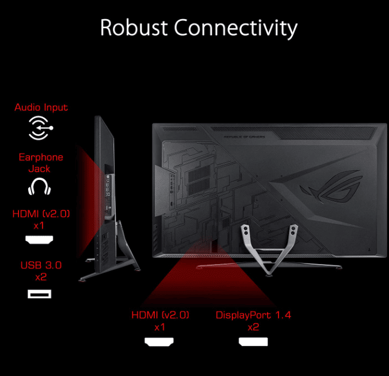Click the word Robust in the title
tap(134, 28)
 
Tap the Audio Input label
tap(41, 107)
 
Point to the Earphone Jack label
tap(41, 163)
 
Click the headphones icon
tap(39, 186)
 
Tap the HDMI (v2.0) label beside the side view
tap(41, 215)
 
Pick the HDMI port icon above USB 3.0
tap(39, 239)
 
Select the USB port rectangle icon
tap(39, 294)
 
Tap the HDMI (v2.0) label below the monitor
tap(161, 315)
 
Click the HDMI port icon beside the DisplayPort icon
tap(160, 341)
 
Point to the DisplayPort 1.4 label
tap(253, 315)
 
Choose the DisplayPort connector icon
tap(253, 341)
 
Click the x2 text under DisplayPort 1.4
tap(253, 327)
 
